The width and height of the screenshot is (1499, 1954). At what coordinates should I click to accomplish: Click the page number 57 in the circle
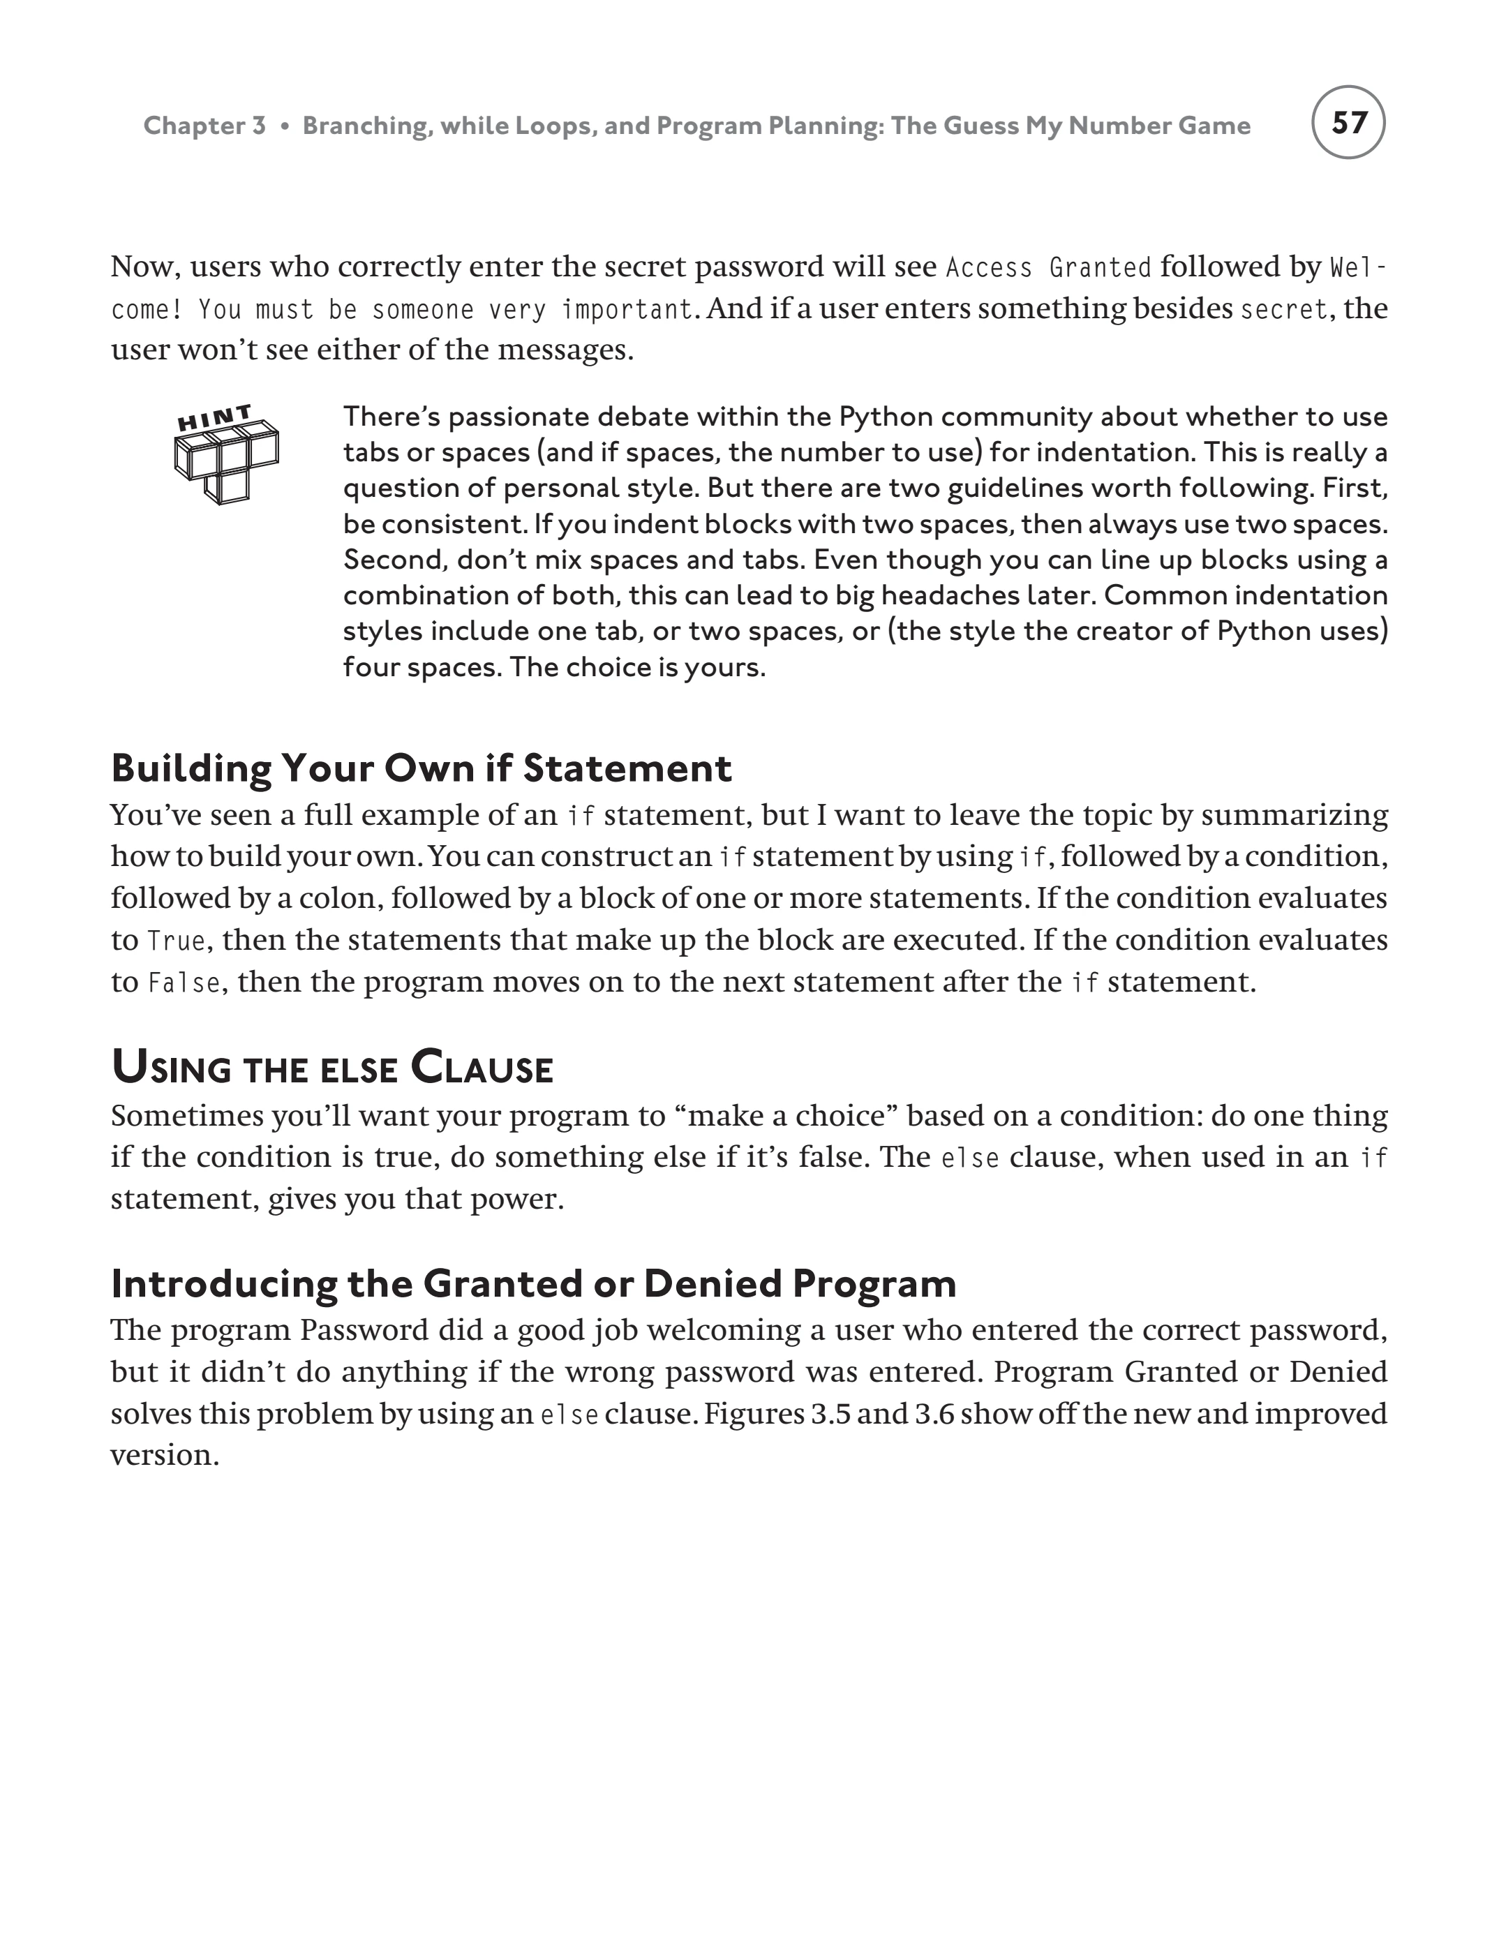click(x=1348, y=122)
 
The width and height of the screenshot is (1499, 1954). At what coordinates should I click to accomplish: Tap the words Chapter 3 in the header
click(x=204, y=126)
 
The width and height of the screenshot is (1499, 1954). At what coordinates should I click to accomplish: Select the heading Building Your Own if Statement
click(x=421, y=768)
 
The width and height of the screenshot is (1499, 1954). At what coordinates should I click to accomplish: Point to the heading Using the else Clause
click(x=332, y=1068)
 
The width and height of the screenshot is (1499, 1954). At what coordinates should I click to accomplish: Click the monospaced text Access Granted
click(x=1048, y=268)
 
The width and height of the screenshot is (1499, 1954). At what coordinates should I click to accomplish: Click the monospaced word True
click(x=176, y=941)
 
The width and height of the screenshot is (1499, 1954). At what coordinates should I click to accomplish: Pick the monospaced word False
click(x=184, y=983)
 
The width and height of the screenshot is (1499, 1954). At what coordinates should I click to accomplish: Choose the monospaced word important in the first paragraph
click(x=627, y=310)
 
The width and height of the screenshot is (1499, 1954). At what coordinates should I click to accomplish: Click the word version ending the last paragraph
click(x=164, y=1455)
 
